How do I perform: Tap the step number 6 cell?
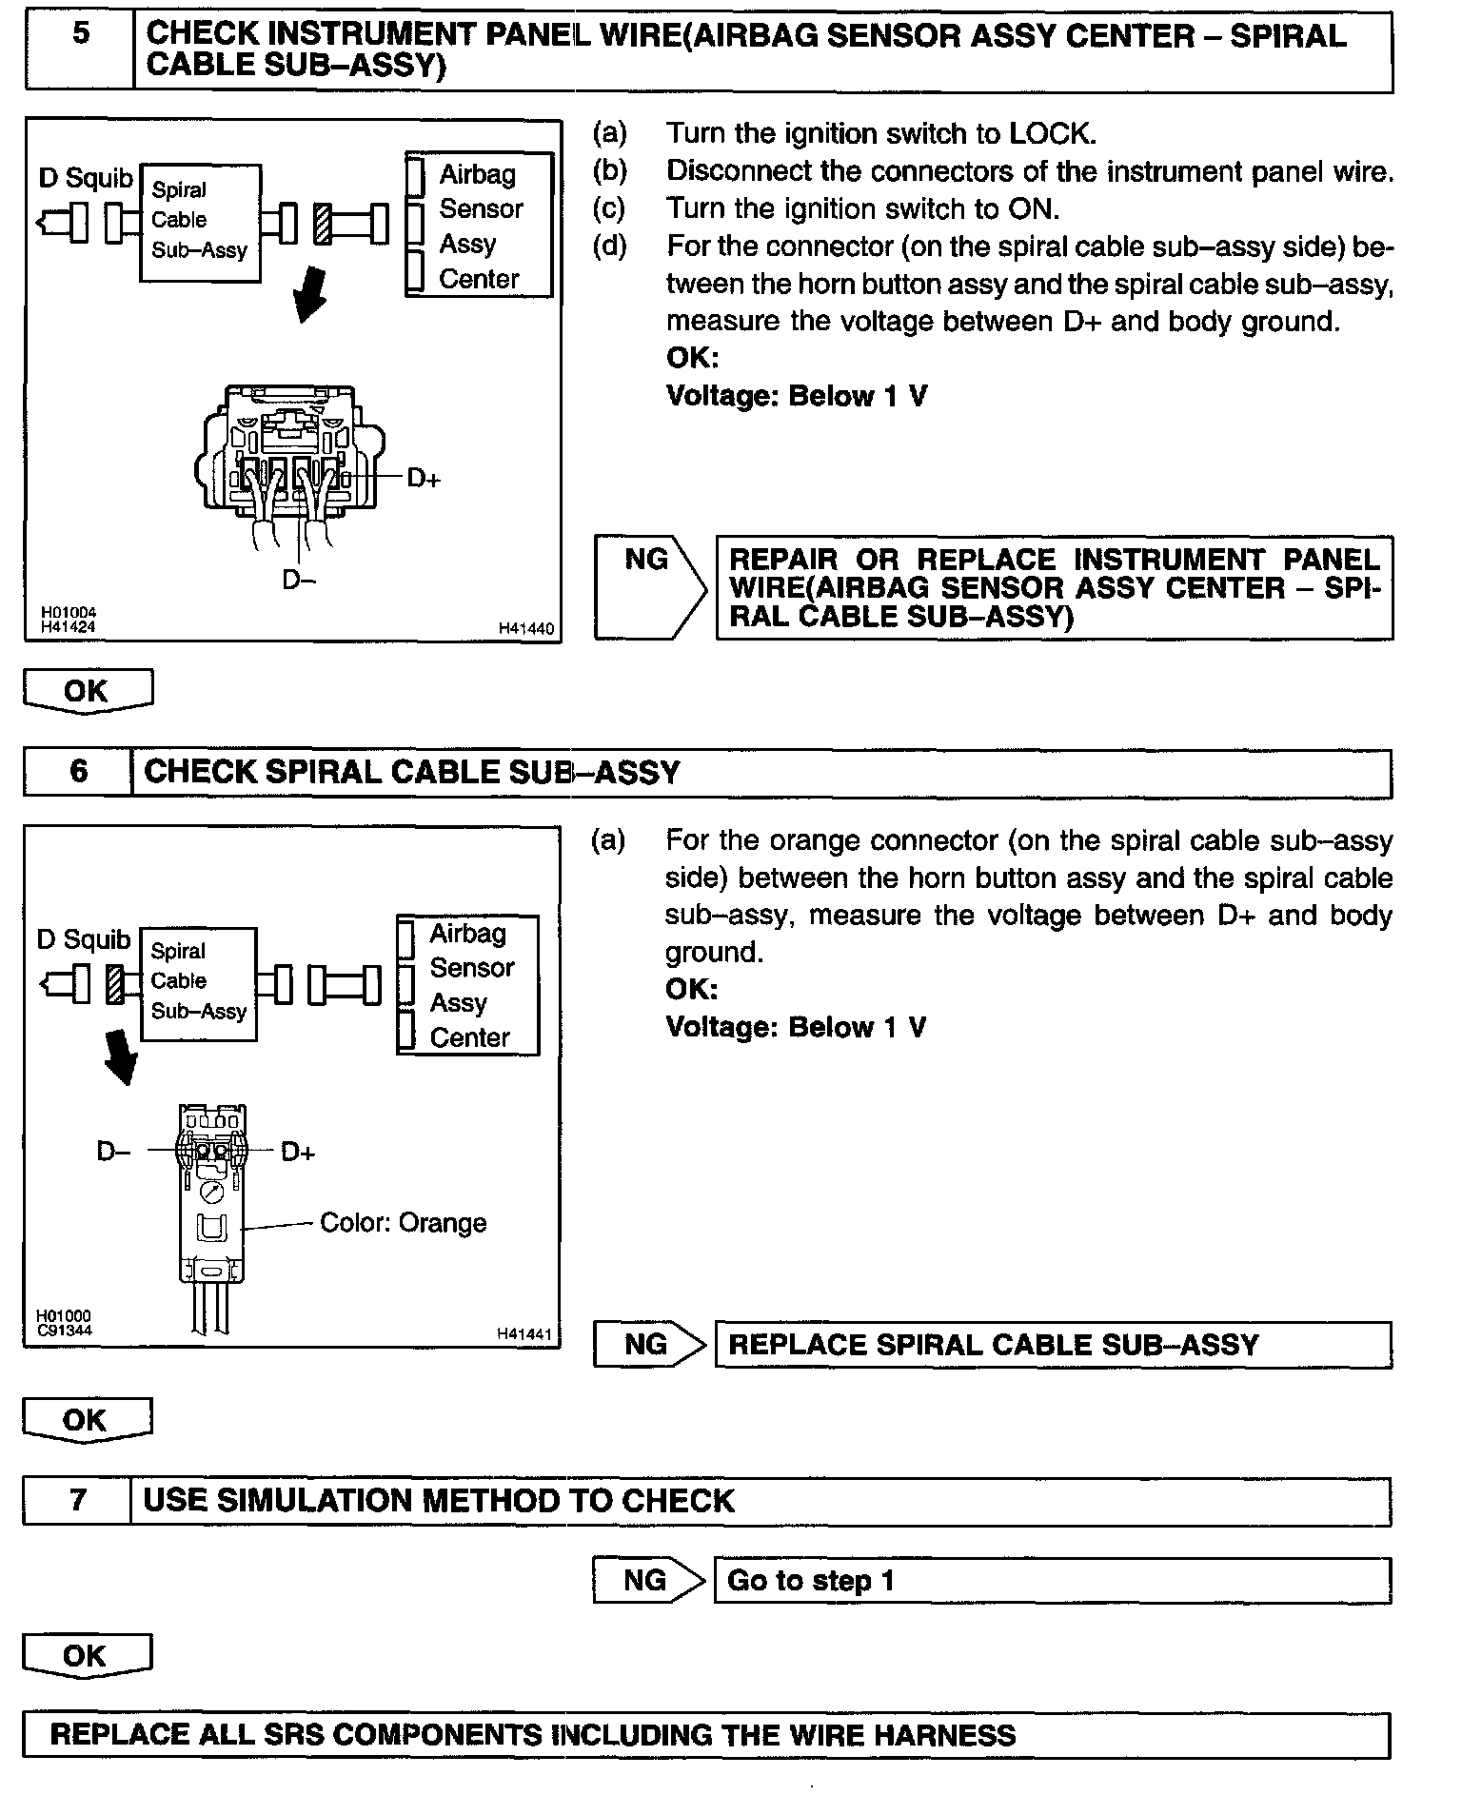tap(78, 771)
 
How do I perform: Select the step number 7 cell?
tap(78, 1501)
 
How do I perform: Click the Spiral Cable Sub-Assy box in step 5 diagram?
tap(200, 223)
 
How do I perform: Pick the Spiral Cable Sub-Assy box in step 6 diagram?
tap(198, 983)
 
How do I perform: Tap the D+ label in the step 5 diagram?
tap(424, 479)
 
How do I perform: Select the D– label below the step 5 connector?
tap(298, 579)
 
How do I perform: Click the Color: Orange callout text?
tap(403, 1223)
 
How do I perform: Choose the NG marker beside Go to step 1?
tap(645, 1581)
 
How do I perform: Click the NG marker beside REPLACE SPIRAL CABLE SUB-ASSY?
tap(646, 1345)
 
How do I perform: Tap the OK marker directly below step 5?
tap(87, 691)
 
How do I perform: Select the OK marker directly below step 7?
tap(85, 1656)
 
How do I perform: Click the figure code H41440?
tap(525, 628)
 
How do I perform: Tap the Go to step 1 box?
tap(1052, 1581)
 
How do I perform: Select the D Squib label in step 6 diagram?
tap(84, 939)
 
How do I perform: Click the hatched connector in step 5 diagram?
tap(324, 224)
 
